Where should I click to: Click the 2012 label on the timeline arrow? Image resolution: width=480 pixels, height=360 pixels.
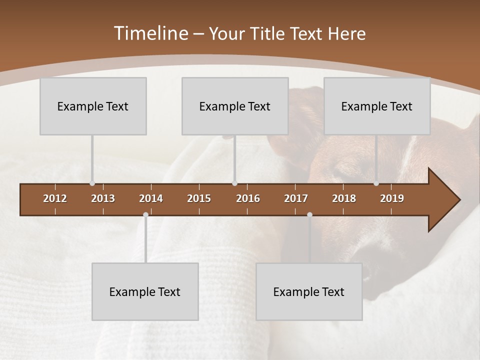55,198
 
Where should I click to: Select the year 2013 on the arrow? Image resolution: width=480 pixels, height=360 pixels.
103,198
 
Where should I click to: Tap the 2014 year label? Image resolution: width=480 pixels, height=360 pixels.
151,198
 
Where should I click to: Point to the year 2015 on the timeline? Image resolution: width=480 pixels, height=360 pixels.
199,198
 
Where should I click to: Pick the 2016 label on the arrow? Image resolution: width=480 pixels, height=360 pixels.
248,198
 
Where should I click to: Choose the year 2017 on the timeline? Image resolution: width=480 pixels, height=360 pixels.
296,198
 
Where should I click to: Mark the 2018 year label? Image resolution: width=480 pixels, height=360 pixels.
344,198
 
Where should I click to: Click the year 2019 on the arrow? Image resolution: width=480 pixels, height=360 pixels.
392,198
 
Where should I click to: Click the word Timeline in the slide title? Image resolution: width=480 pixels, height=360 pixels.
150,33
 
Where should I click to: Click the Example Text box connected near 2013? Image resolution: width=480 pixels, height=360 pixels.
93,106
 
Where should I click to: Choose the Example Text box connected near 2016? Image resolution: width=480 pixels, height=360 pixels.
235,106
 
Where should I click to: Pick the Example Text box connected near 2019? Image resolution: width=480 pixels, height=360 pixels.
377,106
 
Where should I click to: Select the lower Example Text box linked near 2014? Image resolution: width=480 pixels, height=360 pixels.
145,291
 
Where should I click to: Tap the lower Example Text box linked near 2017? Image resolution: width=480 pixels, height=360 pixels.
309,291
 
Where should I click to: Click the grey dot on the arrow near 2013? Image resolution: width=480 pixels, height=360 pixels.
92,183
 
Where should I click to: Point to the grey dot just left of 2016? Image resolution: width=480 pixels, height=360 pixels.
235,183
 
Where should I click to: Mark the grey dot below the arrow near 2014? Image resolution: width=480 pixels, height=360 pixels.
145,214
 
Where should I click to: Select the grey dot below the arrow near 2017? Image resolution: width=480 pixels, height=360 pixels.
309,214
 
